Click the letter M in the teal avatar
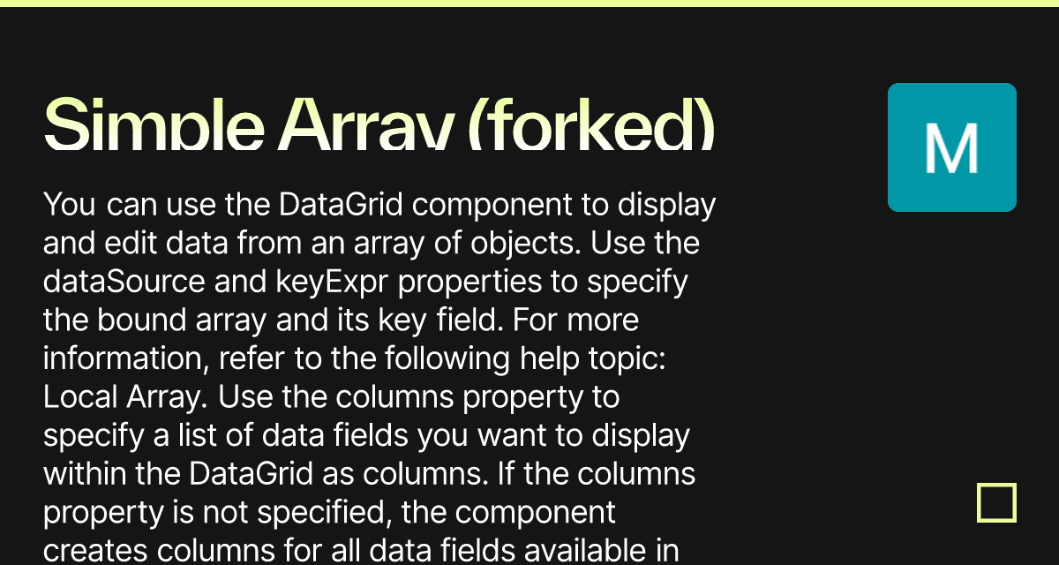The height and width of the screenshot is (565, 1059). [x=951, y=148]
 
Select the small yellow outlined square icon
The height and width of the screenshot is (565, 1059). [x=996, y=503]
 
